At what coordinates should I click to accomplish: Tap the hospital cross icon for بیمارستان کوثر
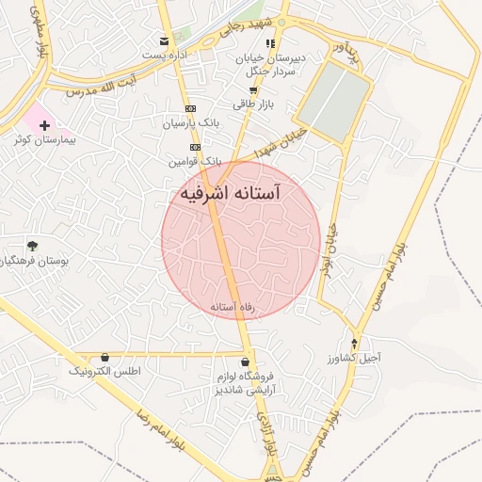click(44, 124)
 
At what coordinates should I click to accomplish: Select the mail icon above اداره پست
click(165, 40)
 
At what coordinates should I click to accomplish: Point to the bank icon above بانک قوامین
click(195, 148)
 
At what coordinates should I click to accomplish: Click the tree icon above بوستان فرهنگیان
click(33, 246)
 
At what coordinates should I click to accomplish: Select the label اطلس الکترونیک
click(104, 372)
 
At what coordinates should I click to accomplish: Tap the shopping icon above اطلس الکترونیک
click(104, 358)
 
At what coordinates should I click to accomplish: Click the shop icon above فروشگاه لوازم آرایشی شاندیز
click(246, 361)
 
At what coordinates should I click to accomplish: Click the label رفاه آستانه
click(233, 306)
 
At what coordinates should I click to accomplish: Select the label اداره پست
click(165, 55)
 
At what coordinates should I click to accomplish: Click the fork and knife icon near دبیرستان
click(271, 43)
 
